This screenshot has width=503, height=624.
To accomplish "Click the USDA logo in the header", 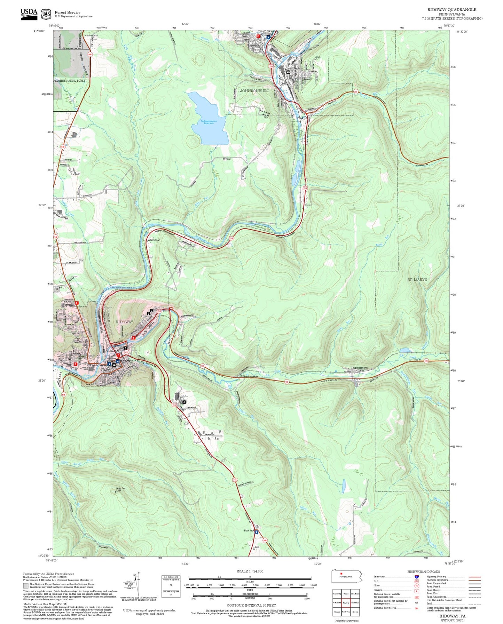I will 29,13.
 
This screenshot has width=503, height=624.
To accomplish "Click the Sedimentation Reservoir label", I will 209,122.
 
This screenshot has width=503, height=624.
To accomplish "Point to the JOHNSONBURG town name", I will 254,91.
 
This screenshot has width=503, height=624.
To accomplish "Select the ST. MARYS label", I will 417,280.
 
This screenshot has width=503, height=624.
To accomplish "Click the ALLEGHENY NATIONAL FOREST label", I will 70,81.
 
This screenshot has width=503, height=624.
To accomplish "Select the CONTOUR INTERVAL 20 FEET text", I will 251,605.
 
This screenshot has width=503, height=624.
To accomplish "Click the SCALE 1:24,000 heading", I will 250,571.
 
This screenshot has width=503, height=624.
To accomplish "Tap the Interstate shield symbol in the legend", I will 416,577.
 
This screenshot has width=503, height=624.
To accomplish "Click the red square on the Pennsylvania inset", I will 341,574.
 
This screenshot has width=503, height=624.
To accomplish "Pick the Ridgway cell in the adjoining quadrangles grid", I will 346,603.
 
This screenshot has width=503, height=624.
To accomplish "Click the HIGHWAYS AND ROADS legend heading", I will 424,571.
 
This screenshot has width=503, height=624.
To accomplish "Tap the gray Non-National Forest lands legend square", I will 25,585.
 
